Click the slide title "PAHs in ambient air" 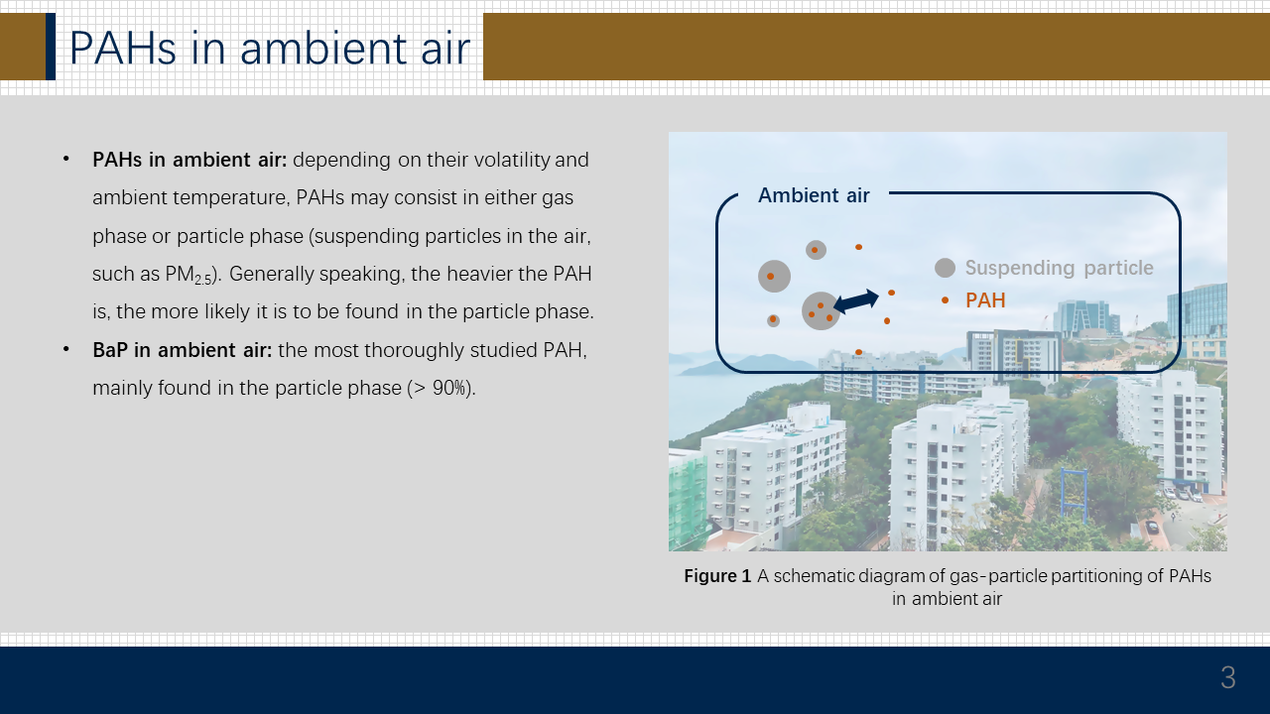click(x=270, y=49)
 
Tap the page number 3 click(x=1228, y=677)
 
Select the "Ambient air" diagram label click(x=814, y=195)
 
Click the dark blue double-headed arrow click(x=856, y=300)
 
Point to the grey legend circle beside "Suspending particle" click(x=945, y=268)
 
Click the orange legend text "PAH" click(x=985, y=300)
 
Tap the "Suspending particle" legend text click(x=1059, y=268)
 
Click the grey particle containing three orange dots click(x=821, y=311)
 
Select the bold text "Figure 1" click(x=717, y=576)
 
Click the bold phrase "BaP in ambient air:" click(x=182, y=350)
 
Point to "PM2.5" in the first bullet click(x=189, y=275)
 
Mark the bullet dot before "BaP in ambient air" click(x=66, y=349)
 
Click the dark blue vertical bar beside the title click(x=51, y=47)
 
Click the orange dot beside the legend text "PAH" click(x=946, y=300)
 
